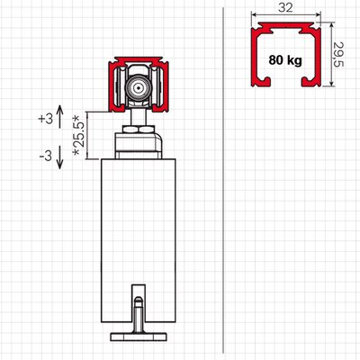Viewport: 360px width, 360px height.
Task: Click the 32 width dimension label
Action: pos(285,8)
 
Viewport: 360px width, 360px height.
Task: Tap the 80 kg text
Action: pos(285,60)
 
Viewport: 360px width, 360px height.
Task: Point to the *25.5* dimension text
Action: pos(79,135)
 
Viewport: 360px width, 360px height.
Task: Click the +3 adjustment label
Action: pos(46,119)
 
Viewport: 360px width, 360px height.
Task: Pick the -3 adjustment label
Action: pos(46,156)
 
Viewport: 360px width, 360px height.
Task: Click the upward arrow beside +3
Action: pos(59,117)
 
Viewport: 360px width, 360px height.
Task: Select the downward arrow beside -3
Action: pos(59,157)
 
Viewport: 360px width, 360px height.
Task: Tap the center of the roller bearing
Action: pos(139,88)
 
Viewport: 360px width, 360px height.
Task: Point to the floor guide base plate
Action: pos(139,337)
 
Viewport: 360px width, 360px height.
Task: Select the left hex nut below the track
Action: pos(130,130)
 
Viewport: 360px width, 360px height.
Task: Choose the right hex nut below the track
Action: pos(147,130)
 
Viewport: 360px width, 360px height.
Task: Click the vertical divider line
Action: pos(223,180)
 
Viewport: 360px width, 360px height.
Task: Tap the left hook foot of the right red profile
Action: pos(261,82)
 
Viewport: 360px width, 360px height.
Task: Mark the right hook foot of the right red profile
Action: pos(311,82)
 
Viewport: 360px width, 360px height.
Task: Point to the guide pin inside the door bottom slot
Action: pos(139,312)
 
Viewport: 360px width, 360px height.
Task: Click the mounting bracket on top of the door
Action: pos(139,146)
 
